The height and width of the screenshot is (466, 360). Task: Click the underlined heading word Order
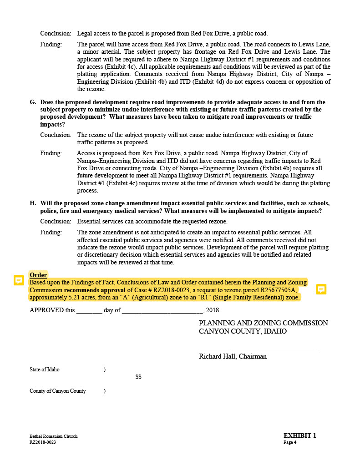click(x=38, y=275)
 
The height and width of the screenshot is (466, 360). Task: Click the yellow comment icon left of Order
click(x=19, y=280)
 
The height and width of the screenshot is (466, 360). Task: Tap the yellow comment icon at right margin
click(x=321, y=289)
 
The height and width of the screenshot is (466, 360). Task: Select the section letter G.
click(x=33, y=102)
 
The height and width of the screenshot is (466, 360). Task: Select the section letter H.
click(x=33, y=203)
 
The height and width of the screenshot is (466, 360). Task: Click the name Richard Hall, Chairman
click(x=233, y=356)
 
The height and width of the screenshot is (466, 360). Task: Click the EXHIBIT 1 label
click(x=299, y=436)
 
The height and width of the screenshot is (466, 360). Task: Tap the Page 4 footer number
click(x=290, y=442)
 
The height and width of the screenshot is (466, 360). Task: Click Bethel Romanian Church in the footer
click(x=53, y=436)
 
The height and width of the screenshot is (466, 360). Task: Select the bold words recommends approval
click(x=95, y=290)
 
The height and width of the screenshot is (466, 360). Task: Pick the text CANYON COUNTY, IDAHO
click(x=243, y=331)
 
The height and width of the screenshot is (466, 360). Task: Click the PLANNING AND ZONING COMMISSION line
click(x=263, y=323)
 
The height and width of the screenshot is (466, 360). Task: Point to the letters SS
click(x=138, y=377)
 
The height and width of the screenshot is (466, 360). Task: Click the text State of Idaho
click(x=45, y=370)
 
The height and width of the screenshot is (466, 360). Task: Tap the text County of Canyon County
click(x=58, y=391)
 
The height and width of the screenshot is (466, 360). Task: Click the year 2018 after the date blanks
click(x=213, y=310)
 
